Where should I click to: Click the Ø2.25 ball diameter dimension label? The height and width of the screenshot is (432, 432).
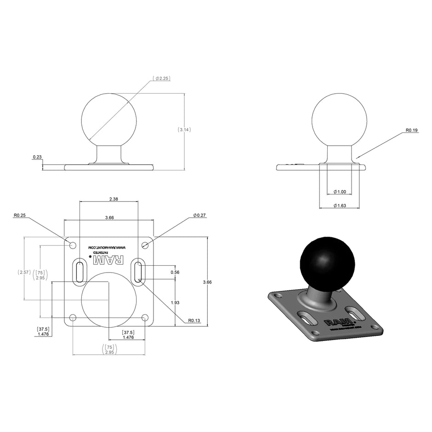pos(162,79)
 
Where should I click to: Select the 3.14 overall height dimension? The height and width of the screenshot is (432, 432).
pos(184,130)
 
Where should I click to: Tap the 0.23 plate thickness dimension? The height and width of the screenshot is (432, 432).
pos(37,157)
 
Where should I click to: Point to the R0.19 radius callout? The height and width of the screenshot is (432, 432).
pos(411,131)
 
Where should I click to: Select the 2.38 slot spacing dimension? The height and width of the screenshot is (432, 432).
pos(109,199)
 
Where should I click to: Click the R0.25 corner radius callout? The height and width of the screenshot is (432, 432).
pos(20,215)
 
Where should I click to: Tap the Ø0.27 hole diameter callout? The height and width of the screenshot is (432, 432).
pos(199,215)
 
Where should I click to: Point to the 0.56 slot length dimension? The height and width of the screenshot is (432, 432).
pos(175,272)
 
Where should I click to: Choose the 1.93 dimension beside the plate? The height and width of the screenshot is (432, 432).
pos(175,302)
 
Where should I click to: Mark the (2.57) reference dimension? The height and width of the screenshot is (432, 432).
pos(24,272)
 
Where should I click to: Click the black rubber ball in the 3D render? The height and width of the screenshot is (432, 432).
pos(321,261)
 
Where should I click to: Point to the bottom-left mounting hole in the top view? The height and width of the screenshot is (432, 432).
pos(73,318)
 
